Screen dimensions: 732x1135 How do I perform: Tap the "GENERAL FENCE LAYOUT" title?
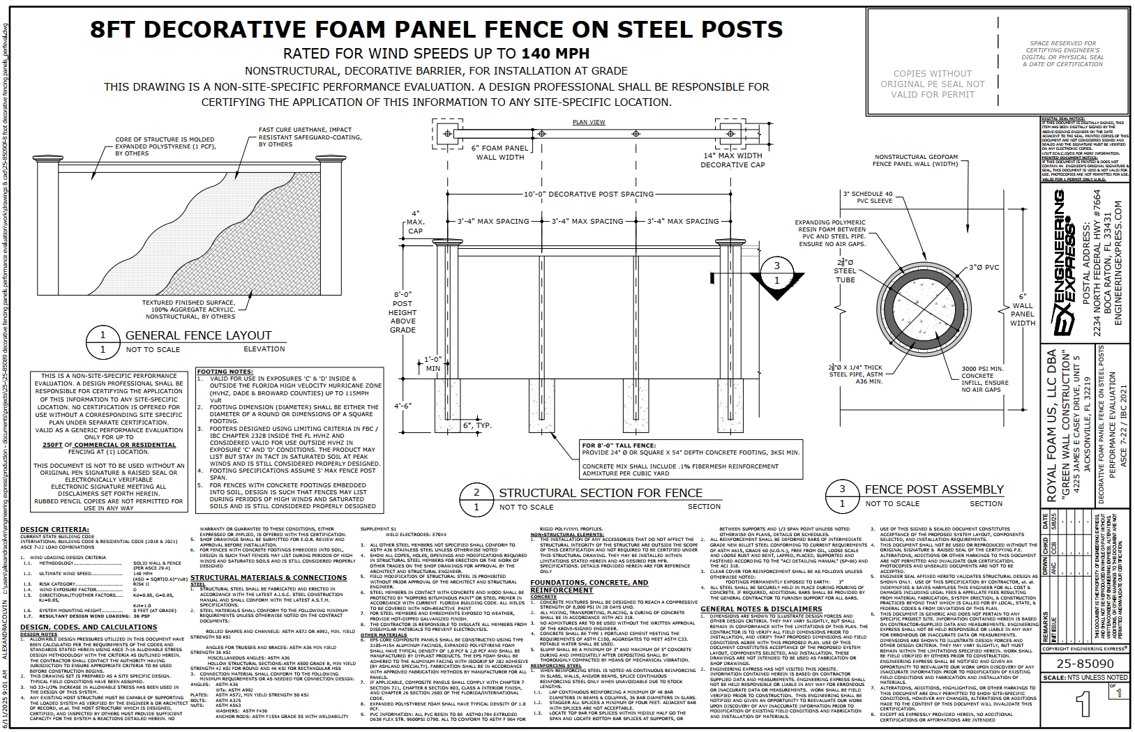198,335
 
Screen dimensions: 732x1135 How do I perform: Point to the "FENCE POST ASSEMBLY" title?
934,489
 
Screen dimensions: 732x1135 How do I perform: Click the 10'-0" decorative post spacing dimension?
589,194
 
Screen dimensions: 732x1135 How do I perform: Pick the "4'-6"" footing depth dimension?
403,405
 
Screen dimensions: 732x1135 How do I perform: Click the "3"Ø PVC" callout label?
984,268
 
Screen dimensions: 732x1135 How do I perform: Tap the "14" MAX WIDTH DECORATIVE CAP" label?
732,160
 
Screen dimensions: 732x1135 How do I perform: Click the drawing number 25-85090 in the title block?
1083,664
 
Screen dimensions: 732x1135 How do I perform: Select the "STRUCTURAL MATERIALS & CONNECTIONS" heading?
269,577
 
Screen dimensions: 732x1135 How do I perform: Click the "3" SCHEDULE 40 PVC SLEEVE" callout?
867,197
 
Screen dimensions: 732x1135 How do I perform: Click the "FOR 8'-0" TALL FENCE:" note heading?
621,444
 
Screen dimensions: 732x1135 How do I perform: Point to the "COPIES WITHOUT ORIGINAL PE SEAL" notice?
932,84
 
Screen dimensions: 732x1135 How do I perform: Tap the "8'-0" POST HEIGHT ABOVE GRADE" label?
403,312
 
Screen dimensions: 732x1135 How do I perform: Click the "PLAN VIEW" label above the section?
589,122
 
